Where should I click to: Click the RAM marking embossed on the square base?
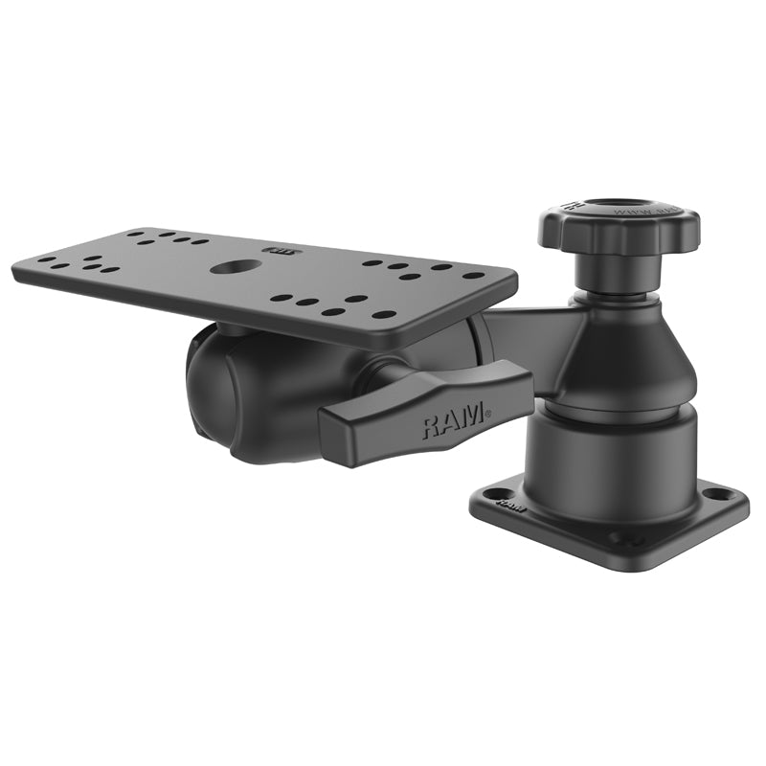tap(510, 503)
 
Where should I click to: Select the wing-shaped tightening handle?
tap(426, 415)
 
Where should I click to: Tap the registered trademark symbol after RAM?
tap(487, 414)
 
